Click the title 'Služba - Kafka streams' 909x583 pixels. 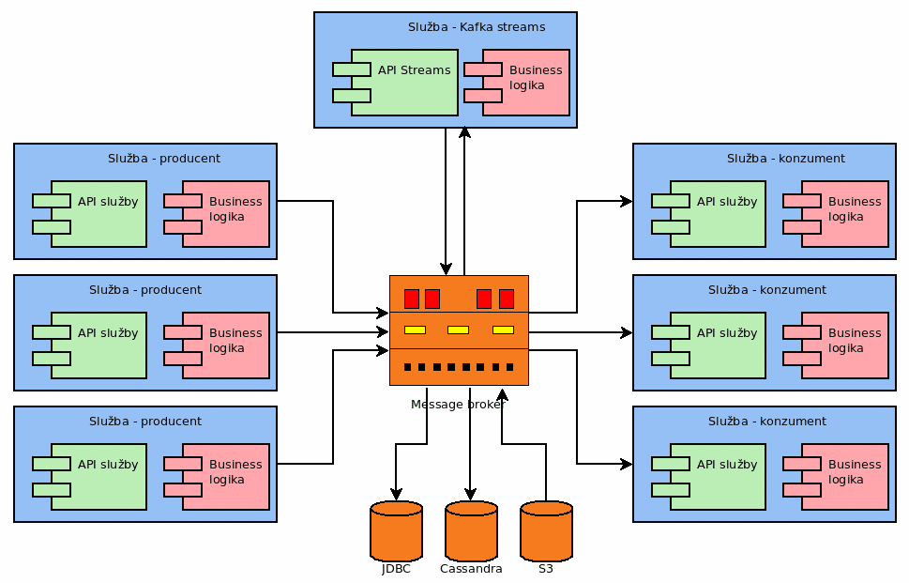click(x=476, y=27)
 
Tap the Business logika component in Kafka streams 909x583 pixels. click(x=525, y=82)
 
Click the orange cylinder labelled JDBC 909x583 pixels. click(x=396, y=531)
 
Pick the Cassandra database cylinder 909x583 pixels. click(x=471, y=531)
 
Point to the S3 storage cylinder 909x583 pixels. click(x=546, y=531)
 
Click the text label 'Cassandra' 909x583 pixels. click(x=471, y=569)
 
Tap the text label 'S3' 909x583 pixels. click(x=546, y=569)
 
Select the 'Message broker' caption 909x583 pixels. click(x=458, y=405)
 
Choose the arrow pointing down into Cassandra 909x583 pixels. click(x=471, y=451)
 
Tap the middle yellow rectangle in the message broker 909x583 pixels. click(x=458, y=330)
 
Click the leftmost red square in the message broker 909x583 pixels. click(x=411, y=299)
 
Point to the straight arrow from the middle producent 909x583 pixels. click(x=333, y=332)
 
